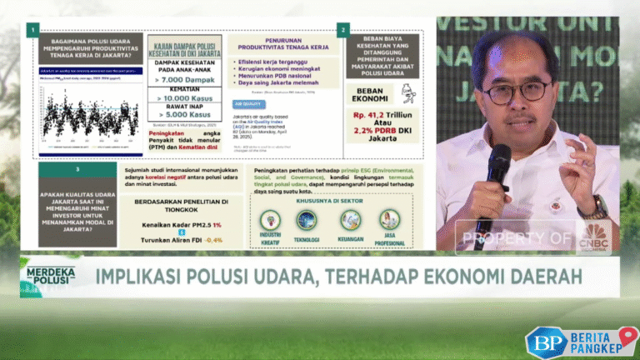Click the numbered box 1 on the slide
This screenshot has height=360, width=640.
click(31, 31)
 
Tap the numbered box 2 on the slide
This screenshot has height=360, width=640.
click(342, 31)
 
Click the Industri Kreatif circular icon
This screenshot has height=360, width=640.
click(270, 219)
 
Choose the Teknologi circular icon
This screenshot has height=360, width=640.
click(306, 219)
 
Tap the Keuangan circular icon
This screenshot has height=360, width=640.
click(351, 219)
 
